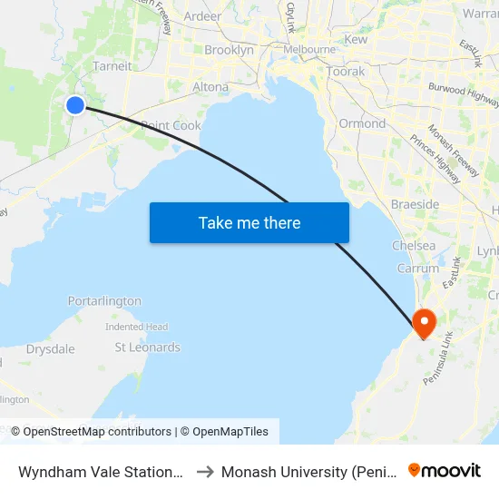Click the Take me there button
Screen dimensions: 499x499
pyautogui.click(x=249, y=222)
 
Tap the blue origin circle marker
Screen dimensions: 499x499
pyautogui.click(x=75, y=105)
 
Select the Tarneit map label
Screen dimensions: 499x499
pyautogui.click(x=113, y=65)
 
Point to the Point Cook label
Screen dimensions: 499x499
pyautogui.click(x=171, y=125)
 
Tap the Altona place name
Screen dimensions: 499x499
pyautogui.click(x=210, y=87)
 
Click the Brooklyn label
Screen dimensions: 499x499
pyautogui.click(x=229, y=50)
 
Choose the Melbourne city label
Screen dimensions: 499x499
pyautogui.click(x=309, y=49)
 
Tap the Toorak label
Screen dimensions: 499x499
pyautogui.click(x=346, y=71)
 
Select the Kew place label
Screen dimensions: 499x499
pyautogui.click(x=356, y=40)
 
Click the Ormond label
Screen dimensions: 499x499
pyautogui.click(x=362, y=123)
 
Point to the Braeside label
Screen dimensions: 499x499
pyautogui.click(x=415, y=204)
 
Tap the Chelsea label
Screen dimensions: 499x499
pyautogui.click(x=414, y=246)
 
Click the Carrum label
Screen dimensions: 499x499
pyautogui.click(x=418, y=269)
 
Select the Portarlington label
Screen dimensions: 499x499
pyautogui.click(x=104, y=301)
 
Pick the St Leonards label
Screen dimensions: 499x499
pyautogui.click(x=147, y=347)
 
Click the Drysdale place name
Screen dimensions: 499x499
pyautogui.click(x=50, y=348)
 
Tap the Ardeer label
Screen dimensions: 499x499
pyautogui.click(x=201, y=16)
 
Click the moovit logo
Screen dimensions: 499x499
pyautogui.click(x=445, y=470)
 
